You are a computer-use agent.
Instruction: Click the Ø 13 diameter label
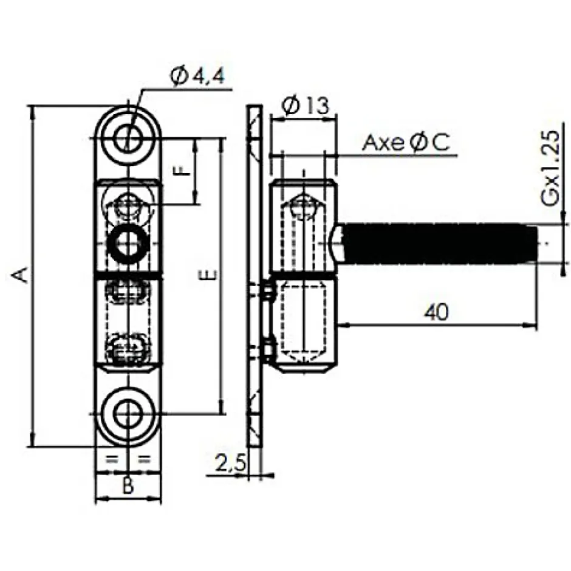click(306, 106)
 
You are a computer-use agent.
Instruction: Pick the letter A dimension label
click(21, 275)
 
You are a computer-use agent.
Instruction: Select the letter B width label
click(128, 485)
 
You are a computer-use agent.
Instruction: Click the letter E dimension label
click(208, 275)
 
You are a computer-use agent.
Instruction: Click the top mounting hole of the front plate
click(128, 137)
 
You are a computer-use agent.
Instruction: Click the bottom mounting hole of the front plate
click(128, 415)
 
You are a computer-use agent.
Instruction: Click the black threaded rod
click(437, 244)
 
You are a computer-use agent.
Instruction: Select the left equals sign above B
click(112, 459)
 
